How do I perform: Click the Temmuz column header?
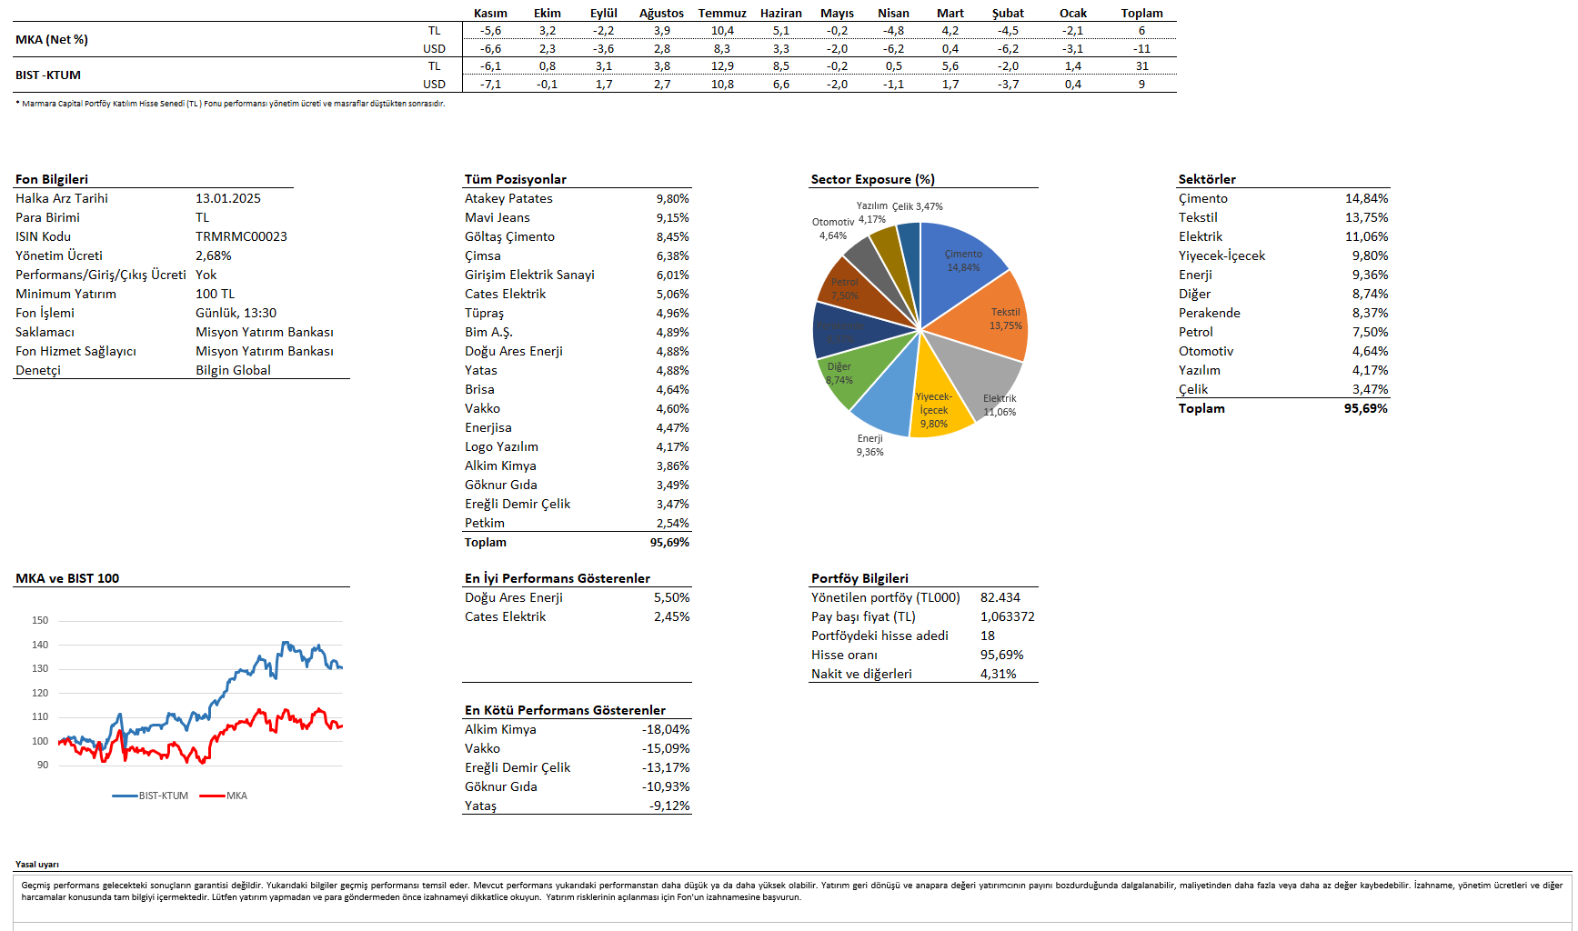(721, 13)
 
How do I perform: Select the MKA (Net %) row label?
(52, 39)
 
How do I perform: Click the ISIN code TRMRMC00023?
(241, 236)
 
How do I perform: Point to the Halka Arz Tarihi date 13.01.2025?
(227, 198)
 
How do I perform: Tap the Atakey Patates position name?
(508, 198)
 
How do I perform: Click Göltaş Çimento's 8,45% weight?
(672, 236)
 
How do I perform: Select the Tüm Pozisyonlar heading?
(515, 179)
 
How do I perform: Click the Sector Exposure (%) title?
(872, 179)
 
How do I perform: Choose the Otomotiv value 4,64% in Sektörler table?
(1370, 351)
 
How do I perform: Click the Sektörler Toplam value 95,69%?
(1365, 408)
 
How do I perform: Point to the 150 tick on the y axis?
(40, 620)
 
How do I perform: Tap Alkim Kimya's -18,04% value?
(666, 729)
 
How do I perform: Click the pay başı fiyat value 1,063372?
(1007, 616)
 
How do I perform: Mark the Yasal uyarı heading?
(37, 865)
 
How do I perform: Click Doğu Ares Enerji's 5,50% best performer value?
(671, 597)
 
